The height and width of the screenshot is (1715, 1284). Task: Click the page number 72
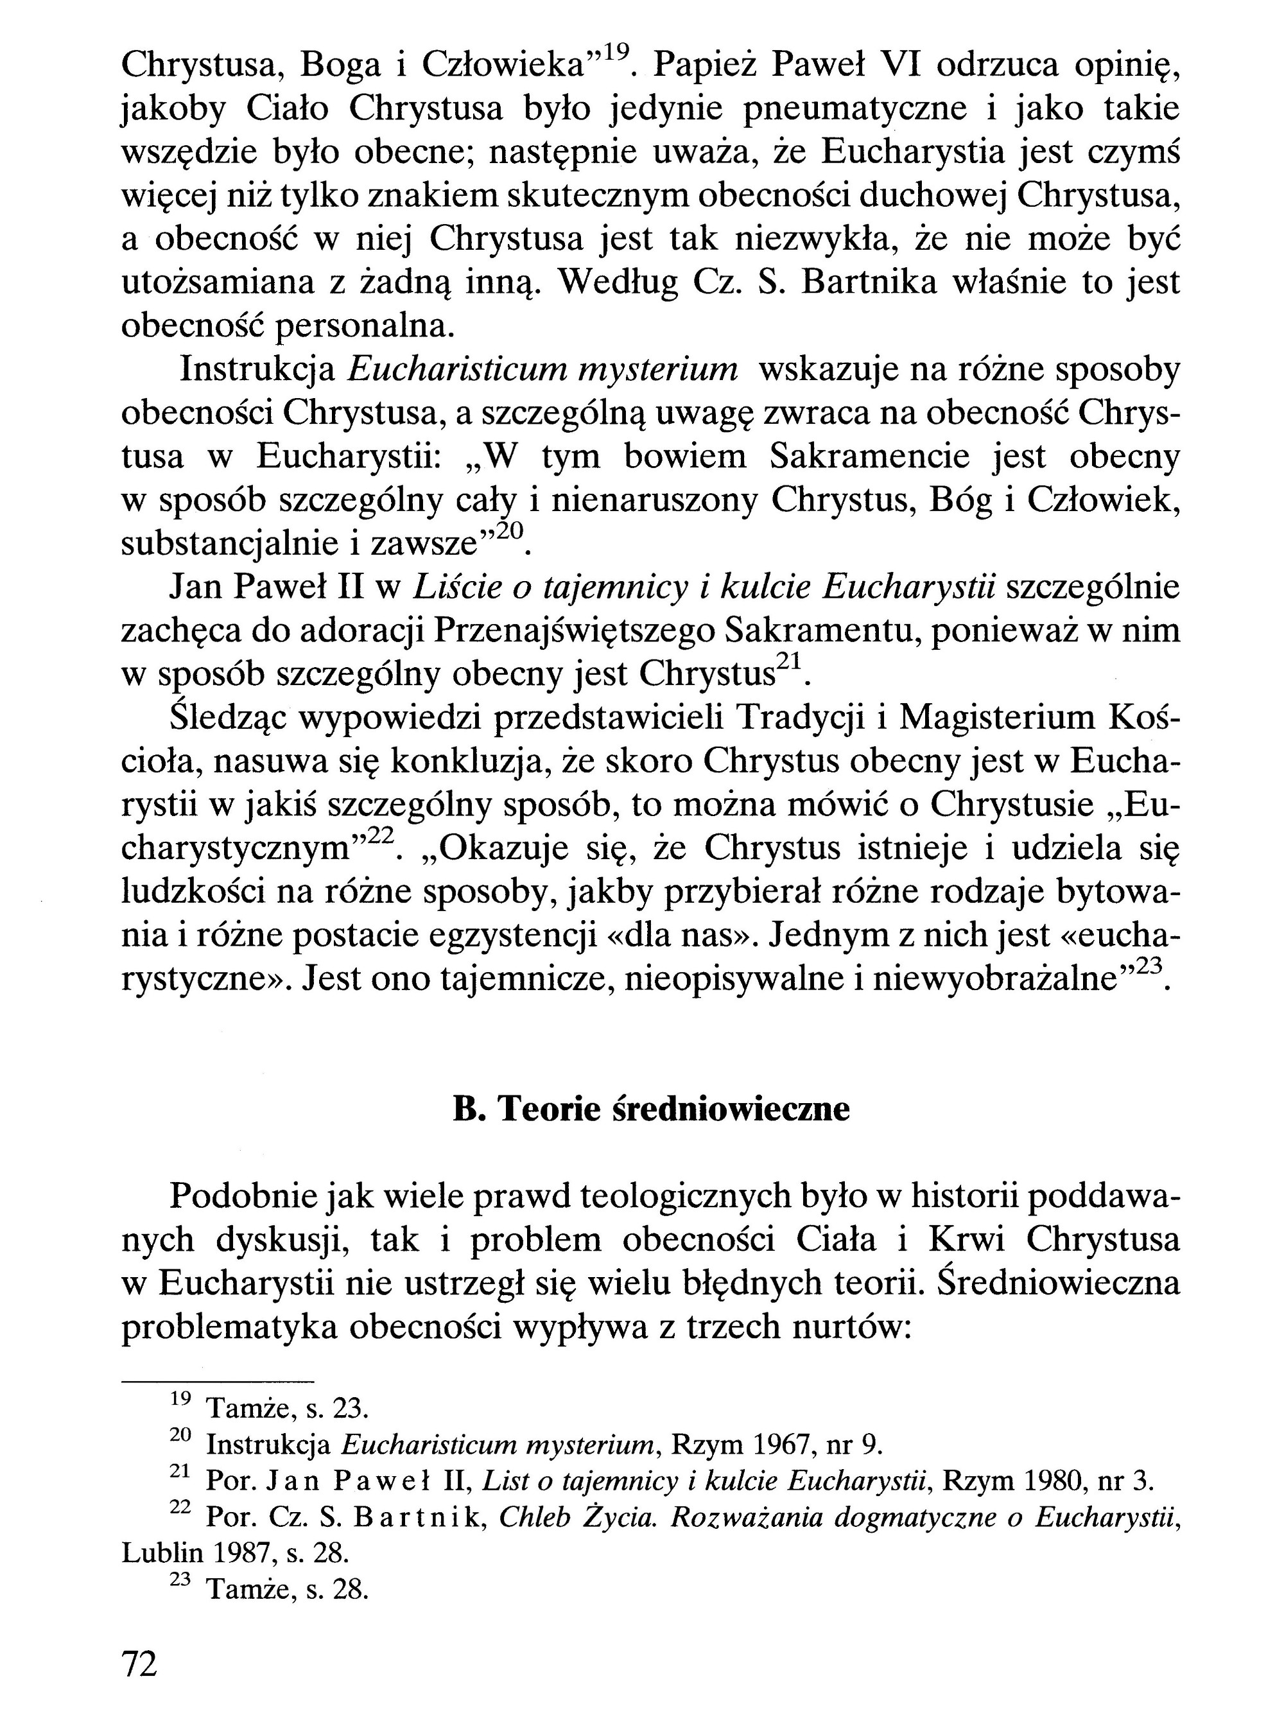[139, 1664]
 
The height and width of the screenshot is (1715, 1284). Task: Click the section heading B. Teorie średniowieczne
[650, 1109]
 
